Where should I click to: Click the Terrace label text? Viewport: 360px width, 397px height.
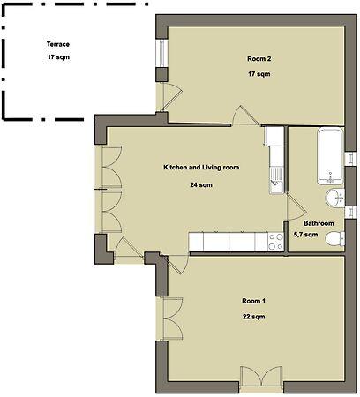[58, 44]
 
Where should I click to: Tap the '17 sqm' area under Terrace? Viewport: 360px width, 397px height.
[58, 57]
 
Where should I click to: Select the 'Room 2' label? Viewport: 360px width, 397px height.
[259, 59]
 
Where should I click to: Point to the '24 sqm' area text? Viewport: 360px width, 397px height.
[201, 185]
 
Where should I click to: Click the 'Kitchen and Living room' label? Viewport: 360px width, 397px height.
[201, 168]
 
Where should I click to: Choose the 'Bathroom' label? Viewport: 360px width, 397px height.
[319, 223]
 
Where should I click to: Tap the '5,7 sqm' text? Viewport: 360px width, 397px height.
[306, 235]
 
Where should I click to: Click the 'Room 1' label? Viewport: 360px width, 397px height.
[253, 301]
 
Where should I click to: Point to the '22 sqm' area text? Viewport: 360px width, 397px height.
[253, 317]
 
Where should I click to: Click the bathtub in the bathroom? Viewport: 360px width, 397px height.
[330, 156]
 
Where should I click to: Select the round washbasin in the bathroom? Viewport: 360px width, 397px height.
[334, 198]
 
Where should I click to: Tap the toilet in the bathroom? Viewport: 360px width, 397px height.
[335, 238]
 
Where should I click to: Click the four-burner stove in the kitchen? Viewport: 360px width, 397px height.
[276, 242]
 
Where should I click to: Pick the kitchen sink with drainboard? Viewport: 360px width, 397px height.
[276, 180]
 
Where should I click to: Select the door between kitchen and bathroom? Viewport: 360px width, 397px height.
[296, 206]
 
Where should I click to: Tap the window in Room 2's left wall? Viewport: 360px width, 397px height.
[161, 53]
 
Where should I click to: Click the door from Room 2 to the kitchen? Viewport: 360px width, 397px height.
[246, 116]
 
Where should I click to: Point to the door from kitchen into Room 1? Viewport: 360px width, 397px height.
[177, 265]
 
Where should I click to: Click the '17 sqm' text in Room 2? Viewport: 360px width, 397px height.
[259, 74]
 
